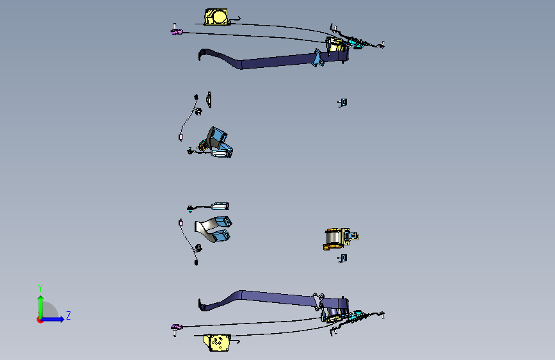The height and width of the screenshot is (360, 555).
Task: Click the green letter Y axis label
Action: [x=40, y=288]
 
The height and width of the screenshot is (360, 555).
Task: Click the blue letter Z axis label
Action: [x=68, y=315]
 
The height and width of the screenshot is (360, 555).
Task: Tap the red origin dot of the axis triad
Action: [x=40, y=320]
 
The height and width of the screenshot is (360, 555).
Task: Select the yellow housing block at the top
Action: [x=217, y=17]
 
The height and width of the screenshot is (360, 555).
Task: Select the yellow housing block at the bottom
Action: [x=217, y=343]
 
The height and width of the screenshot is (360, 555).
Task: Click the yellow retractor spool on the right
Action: [x=336, y=238]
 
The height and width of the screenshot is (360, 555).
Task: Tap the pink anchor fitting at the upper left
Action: [x=177, y=32]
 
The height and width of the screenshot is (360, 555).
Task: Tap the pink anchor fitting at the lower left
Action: [x=177, y=326]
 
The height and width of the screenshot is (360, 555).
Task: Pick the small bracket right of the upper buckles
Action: [x=342, y=102]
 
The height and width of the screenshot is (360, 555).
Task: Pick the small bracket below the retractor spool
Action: [x=342, y=258]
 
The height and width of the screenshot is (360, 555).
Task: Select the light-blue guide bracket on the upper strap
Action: [x=318, y=58]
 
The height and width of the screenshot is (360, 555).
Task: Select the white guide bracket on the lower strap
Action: [x=318, y=300]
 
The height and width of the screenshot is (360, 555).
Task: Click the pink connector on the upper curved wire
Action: [x=181, y=137]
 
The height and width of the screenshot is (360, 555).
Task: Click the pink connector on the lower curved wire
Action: [x=181, y=223]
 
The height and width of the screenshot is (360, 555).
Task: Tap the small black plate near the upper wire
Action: [x=209, y=99]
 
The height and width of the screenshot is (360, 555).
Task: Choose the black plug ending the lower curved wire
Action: [x=197, y=262]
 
